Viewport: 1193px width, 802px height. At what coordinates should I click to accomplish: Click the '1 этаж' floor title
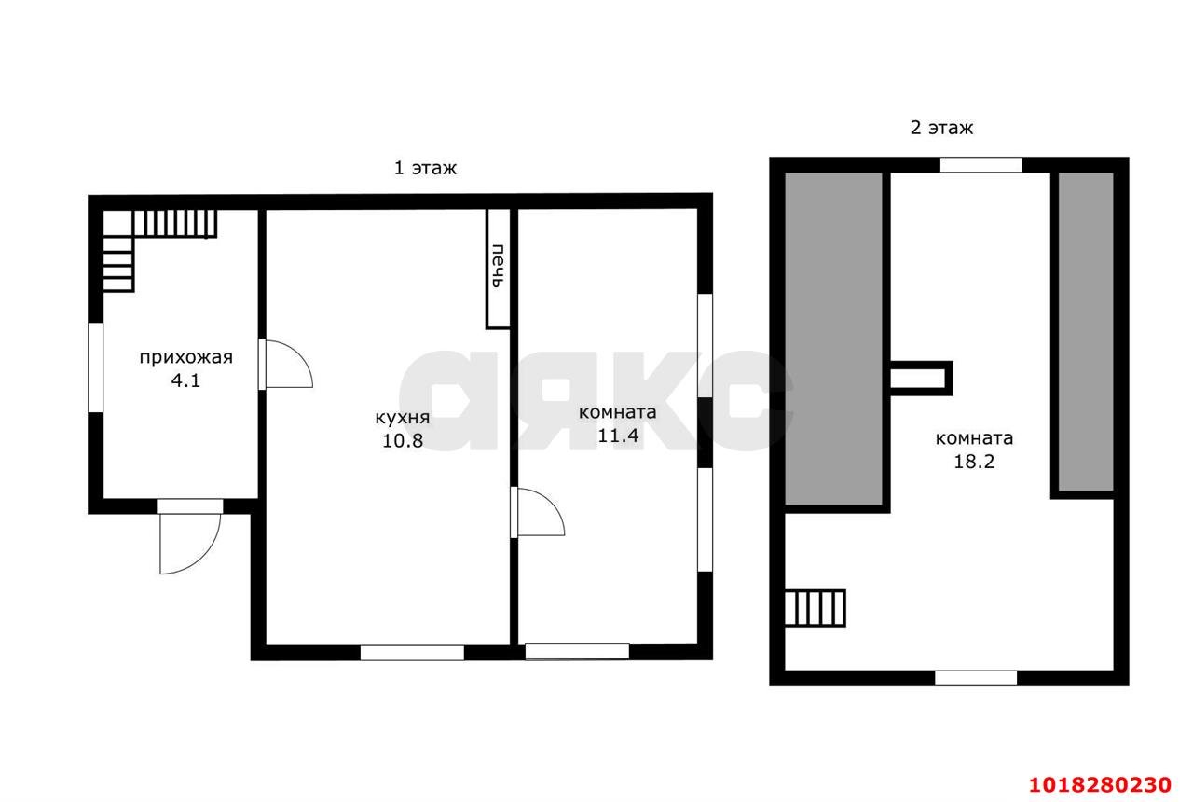click(x=425, y=169)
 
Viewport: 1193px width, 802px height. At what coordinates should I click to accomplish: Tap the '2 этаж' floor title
click(x=941, y=128)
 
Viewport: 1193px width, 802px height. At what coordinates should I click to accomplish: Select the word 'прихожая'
click(x=185, y=357)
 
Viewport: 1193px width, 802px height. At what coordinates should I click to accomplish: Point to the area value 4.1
click(x=185, y=380)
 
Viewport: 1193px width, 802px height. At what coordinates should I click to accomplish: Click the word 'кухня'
click(x=402, y=417)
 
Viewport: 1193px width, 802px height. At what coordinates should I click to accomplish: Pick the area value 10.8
click(x=403, y=441)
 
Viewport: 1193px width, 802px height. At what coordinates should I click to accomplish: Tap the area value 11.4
click(x=618, y=436)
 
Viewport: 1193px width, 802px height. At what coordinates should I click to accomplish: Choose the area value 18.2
click(x=974, y=462)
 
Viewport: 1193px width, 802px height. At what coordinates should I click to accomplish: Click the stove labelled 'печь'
click(x=498, y=268)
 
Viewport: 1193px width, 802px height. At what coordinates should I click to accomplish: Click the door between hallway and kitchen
click(x=285, y=364)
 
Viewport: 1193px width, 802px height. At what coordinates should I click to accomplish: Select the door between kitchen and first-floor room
click(x=538, y=512)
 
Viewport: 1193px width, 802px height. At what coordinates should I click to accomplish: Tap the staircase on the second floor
click(x=815, y=608)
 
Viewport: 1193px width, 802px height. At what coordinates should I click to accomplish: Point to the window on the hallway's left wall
click(x=95, y=367)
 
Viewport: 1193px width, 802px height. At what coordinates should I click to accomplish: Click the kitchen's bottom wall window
click(x=412, y=653)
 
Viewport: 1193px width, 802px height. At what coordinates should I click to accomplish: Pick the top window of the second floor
click(x=981, y=165)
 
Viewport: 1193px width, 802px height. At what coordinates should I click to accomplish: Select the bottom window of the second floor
click(x=976, y=678)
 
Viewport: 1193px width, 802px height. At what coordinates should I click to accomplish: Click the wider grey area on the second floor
click(x=833, y=339)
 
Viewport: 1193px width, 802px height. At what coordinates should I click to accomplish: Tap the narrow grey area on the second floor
click(x=1086, y=331)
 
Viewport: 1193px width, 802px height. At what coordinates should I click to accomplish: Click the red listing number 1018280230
click(x=1101, y=785)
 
